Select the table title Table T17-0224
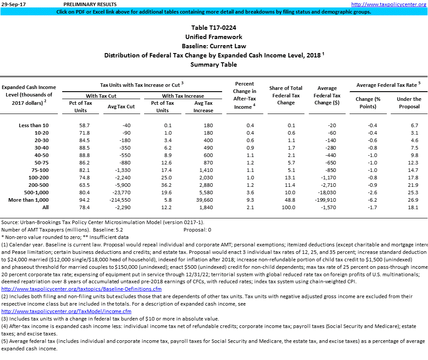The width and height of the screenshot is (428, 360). coord(213,28)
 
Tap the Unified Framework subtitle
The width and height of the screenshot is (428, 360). coord(213,37)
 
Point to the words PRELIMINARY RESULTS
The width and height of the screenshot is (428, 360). coord(84,4)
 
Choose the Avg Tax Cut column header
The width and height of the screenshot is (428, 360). coord(121,107)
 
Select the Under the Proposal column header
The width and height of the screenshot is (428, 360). coord(409,103)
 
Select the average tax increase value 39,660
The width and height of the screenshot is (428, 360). coord(203,200)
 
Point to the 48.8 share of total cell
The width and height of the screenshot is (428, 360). coord(291,200)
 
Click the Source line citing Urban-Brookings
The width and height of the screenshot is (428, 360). coord(103,222)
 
